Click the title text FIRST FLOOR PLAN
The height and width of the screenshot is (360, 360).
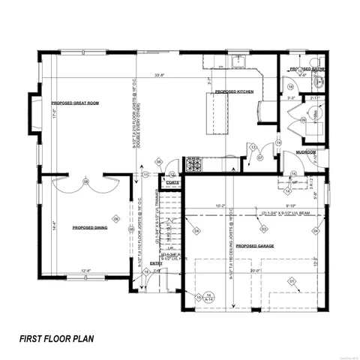click(57, 338)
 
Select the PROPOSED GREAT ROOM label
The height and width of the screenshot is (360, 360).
click(75, 102)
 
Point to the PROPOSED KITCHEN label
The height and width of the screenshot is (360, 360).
click(234, 91)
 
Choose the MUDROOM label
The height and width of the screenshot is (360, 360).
click(304, 151)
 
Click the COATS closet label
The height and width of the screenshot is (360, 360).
click(172, 181)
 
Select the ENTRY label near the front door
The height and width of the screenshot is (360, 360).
click(156, 263)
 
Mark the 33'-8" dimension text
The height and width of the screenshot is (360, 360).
click(160, 75)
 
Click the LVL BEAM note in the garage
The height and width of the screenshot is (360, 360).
click(286, 212)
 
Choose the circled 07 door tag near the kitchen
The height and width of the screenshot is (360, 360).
click(260, 157)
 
